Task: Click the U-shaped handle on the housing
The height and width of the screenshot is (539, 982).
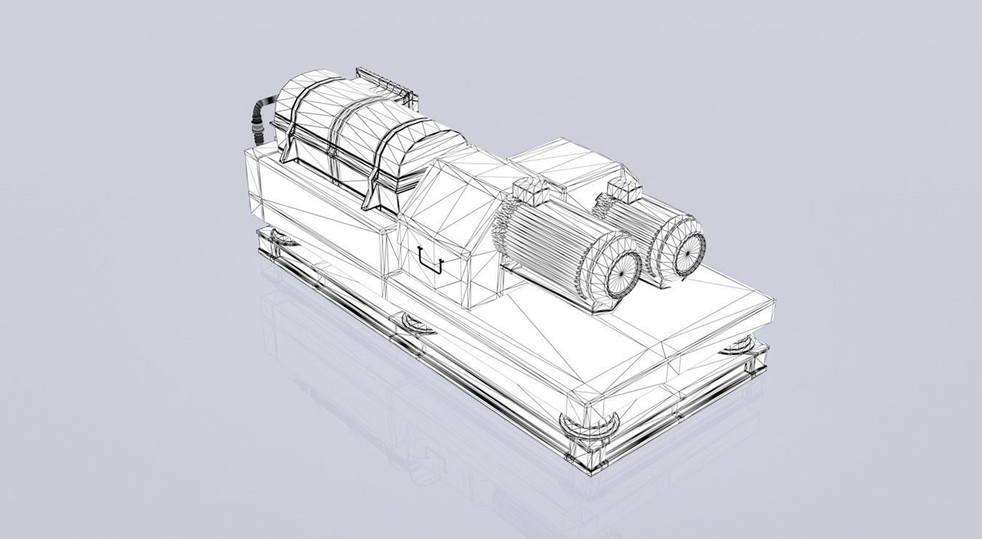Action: [431, 260]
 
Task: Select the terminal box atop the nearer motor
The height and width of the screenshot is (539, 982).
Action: [529, 191]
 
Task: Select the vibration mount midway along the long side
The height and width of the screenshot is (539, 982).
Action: [412, 322]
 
